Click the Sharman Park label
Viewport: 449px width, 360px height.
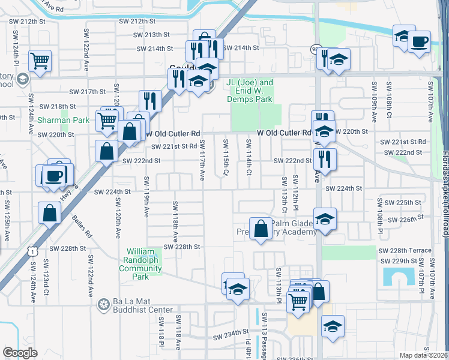coord(63,120)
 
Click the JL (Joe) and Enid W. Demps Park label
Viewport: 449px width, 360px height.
coord(250,91)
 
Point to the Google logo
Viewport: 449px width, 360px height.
coord(20,353)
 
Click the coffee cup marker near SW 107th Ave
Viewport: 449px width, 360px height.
coord(420,42)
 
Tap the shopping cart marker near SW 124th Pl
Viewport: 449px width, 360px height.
coord(40,61)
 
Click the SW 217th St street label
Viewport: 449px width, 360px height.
coord(87,92)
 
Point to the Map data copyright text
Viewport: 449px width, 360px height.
coord(424,355)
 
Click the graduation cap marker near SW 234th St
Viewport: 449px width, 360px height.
coord(333,327)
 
